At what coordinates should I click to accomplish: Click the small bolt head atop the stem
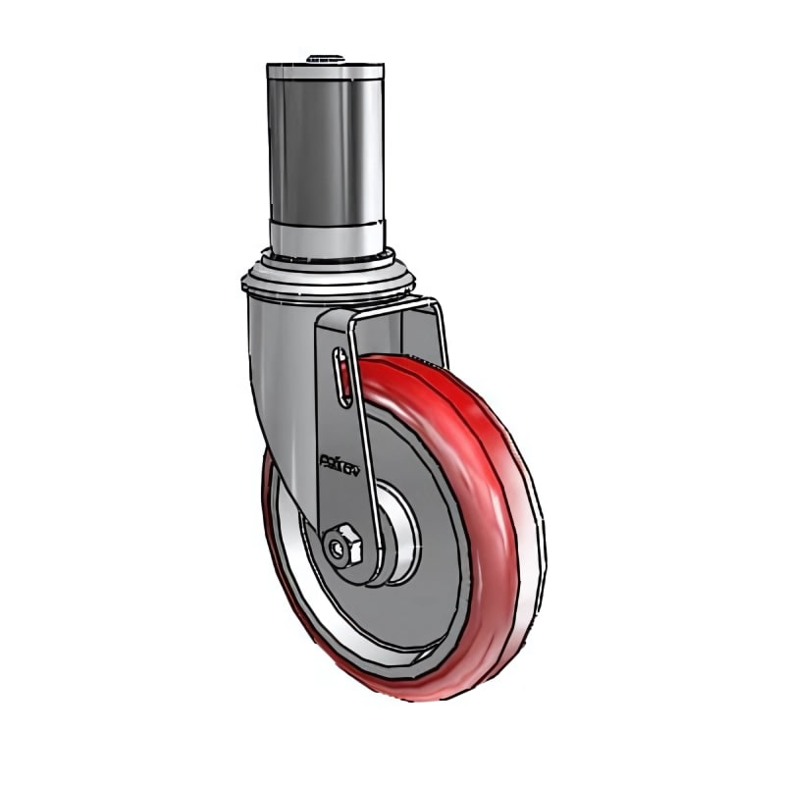[325, 59]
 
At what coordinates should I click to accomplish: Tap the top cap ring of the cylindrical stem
[325, 72]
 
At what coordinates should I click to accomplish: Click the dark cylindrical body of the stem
[325, 147]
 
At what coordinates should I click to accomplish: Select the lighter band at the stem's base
[325, 236]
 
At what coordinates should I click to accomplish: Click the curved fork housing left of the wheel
[280, 373]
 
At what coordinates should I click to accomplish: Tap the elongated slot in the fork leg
[340, 378]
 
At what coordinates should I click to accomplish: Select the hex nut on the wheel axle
[344, 546]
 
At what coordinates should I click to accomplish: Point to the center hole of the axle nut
[342, 547]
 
